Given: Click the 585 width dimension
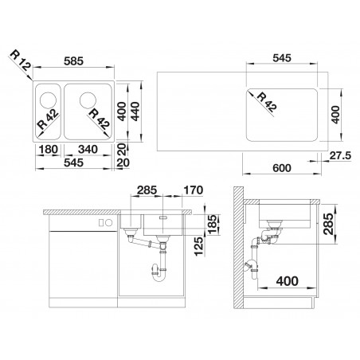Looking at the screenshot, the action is [x=73, y=61].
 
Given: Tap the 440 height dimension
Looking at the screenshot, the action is [x=135, y=112].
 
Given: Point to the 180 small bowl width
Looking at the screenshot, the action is [x=48, y=149].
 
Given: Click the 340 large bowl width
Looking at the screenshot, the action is [x=88, y=149].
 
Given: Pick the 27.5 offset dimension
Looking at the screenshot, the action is [x=340, y=156].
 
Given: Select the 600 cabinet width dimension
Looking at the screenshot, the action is [x=282, y=168].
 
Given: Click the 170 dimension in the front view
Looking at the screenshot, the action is [x=194, y=190].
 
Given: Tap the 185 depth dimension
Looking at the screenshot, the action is [x=213, y=225].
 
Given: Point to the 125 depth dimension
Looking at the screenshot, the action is [x=198, y=246].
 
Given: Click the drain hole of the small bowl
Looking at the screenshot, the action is [x=48, y=100].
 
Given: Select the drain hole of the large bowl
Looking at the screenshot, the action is [x=88, y=100].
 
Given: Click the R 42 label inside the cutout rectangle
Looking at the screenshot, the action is [x=267, y=101].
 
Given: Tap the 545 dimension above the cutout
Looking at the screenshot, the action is [x=282, y=58].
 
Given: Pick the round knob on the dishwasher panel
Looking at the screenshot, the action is [x=108, y=223].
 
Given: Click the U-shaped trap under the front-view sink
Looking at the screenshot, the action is [x=158, y=272].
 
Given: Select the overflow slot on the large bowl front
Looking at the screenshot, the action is [x=163, y=217].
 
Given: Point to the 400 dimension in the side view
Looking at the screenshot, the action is [x=288, y=281].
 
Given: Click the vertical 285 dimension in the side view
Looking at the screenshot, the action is [x=329, y=224].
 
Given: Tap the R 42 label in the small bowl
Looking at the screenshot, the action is [x=48, y=119].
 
